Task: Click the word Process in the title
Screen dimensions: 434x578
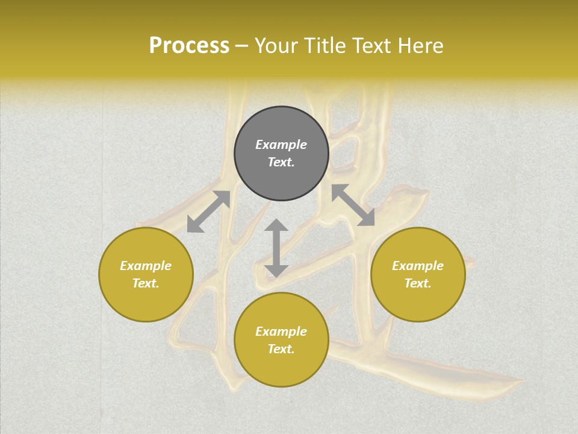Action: point(189,46)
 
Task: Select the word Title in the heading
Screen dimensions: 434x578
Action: point(332,46)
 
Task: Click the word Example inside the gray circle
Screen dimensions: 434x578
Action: point(281,145)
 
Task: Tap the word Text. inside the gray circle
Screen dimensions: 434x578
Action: point(281,162)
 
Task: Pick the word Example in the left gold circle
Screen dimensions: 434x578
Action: point(146,266)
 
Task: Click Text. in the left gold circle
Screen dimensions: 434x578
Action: point(146,283)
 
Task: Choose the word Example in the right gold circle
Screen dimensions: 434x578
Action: point(418,266)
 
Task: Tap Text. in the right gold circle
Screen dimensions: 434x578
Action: point(418,283)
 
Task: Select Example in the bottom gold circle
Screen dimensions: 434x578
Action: point(281,332)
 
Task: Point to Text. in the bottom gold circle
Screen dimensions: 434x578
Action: point(281,349)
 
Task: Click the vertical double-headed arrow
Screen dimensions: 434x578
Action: point(276,248)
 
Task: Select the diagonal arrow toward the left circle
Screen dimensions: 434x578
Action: point(208,212)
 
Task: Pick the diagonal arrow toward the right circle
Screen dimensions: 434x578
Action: point(353,206)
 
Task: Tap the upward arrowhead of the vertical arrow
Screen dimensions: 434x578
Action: point(276,226)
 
